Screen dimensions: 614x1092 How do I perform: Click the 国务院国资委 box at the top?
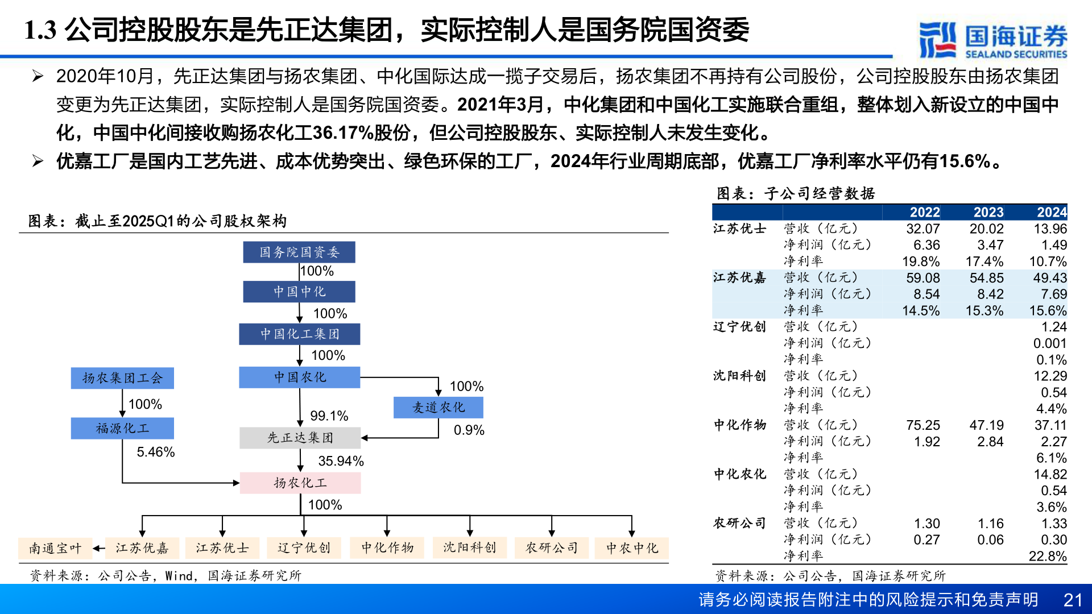tap(299, 252)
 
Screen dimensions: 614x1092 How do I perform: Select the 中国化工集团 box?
tap(299, 334)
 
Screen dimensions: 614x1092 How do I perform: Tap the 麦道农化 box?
tap(438, 407)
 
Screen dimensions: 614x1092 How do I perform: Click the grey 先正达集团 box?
tap(300, 438)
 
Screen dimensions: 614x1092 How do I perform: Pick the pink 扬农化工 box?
tap(300, 483)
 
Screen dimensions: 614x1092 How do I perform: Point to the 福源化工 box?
tap(122, 428)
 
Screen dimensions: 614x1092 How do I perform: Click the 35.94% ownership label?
tap(341, 460)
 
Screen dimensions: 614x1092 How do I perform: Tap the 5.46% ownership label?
tap(155, 452)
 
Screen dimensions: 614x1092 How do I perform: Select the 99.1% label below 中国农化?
tap(329, 416)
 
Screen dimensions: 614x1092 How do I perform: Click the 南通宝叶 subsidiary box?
tap(55, 548)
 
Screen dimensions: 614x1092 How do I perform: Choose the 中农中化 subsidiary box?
tap(631, 548)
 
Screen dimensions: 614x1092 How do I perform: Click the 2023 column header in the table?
tap(988, 212)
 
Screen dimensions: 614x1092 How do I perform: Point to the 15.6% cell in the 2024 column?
tap(1048, 311)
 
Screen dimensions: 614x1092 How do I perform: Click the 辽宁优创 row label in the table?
tap(739, 327)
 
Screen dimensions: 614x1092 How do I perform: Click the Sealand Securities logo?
tap(993, 40)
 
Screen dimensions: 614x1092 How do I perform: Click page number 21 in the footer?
tap(1073, 600)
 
